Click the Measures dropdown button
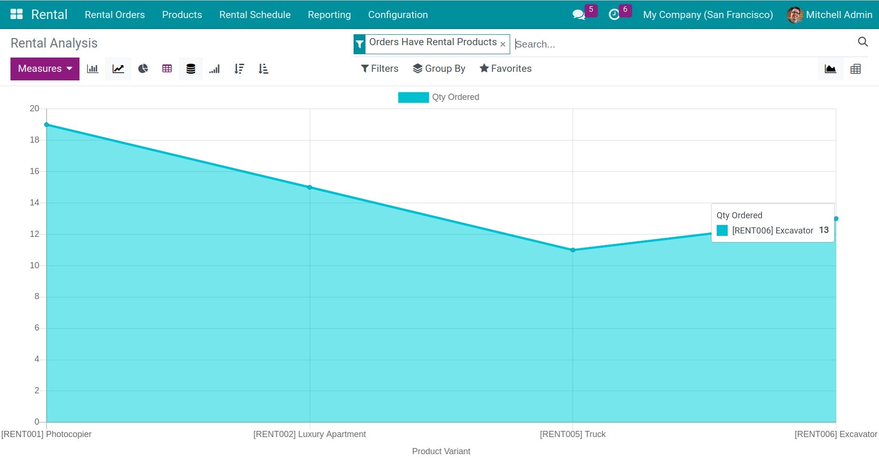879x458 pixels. coord(45,69)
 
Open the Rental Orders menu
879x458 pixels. coord(115,15)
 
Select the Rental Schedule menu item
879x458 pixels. coord(255,15)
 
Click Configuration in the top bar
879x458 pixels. coord(398,15)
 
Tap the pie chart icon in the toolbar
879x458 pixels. coord(143,69)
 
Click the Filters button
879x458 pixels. coord(379,68)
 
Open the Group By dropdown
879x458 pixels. coord(439,68)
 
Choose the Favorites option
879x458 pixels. coord(505,68)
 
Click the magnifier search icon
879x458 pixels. coord(862,42)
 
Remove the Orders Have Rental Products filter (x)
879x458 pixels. coord(503,44)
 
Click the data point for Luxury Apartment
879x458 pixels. coord(310,187)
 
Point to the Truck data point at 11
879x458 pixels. coord(573,250)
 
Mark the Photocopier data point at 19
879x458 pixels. coord(47,125)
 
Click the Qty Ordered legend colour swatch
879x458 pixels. coord(413,97)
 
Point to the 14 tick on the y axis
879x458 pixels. coord(34,203)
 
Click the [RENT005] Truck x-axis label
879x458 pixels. coord(573,434)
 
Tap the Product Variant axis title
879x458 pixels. coord(441,451)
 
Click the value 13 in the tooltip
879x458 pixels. coord(824,230)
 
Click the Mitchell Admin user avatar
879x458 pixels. coord(795,15)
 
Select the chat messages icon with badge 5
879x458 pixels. coord(579,15)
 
